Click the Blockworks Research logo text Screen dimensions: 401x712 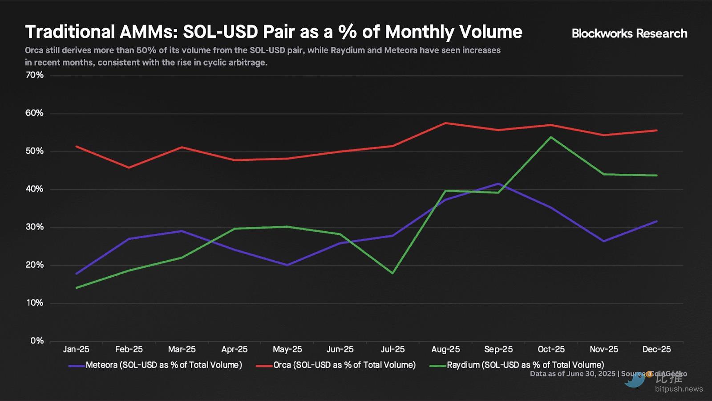click(629, 33)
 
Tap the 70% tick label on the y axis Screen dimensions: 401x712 click(34, 75)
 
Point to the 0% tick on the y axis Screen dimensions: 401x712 click(37, 341)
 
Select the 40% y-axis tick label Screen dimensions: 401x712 click(34, 189)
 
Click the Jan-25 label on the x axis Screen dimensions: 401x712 click(76, 349)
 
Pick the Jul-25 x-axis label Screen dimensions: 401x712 click(392, 349)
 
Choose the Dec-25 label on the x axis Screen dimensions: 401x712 click(656, 349)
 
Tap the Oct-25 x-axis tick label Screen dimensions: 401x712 click(551, 349)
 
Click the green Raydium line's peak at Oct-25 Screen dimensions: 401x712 click(551, 137)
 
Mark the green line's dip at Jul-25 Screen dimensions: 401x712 click(392, 273)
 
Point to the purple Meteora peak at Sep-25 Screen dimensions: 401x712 click(498, 184)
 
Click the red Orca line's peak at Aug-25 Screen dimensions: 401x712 click(445, 123)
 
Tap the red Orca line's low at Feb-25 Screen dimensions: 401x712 click(129, 168)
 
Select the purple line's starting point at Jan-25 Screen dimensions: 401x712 click(77, 274)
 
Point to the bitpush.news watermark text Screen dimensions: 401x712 click(679, 389)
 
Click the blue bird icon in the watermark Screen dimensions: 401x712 click(635, 380)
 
